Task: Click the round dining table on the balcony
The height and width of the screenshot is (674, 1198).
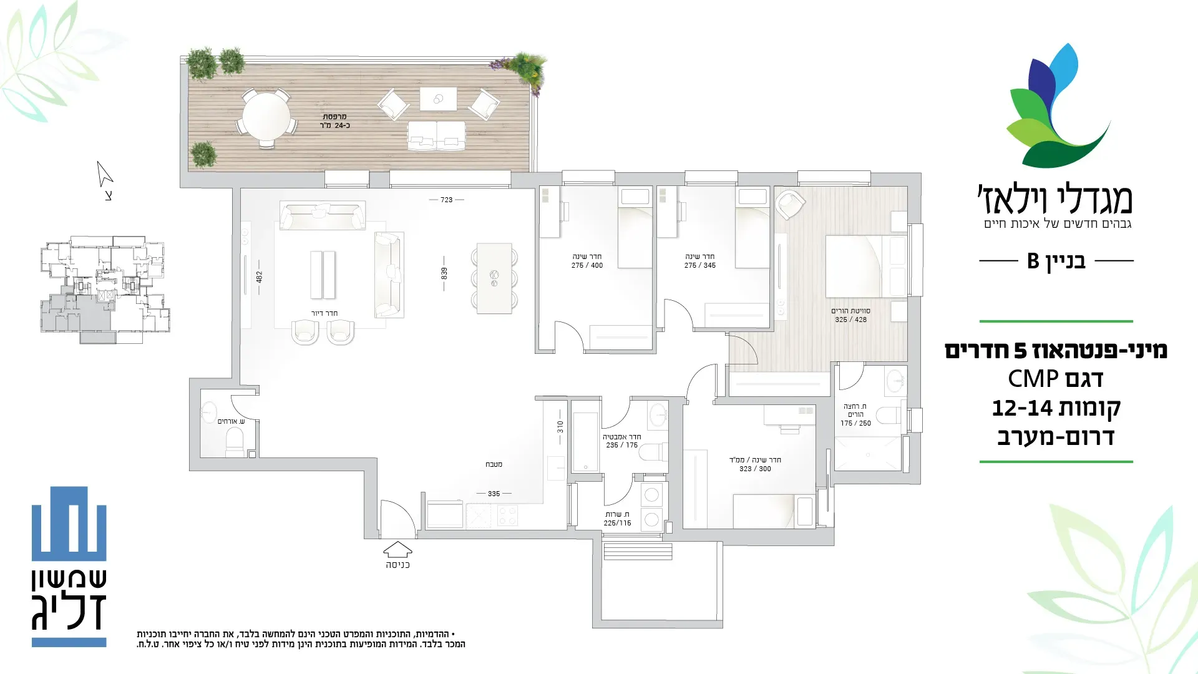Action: click(x=266, y=116)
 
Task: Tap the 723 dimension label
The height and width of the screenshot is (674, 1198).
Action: click(x=446, y=200)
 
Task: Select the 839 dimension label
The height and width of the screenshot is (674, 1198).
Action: click(x=444, y=273)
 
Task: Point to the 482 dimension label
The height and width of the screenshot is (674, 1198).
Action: click(x=259, y=276)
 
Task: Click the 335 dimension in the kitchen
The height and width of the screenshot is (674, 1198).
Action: click(x=494, y=494)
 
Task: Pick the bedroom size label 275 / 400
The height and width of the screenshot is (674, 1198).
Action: click(x=587, y=265)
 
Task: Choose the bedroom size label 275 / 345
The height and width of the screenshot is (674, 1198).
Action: click(x=699, y=265)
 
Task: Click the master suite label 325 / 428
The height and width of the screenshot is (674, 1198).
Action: click(x=851, y=320)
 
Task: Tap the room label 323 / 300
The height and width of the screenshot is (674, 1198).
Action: click(x=755, y=469)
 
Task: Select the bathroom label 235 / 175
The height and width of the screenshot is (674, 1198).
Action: click(x=622, y=445)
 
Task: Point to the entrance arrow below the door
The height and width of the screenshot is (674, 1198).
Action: click(x=397, y=549)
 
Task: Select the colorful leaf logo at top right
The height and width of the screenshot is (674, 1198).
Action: click(x=1058, y=106)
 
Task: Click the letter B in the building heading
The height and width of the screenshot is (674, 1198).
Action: click(x=1033, y=261)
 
